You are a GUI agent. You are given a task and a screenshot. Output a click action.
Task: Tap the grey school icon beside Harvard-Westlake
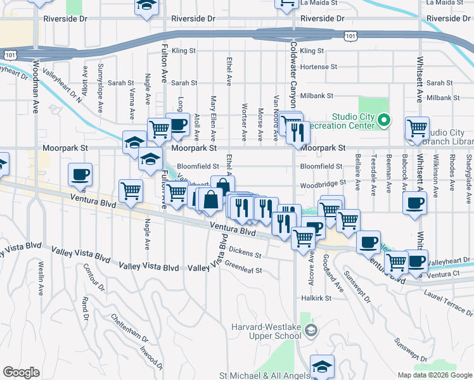[311, 330]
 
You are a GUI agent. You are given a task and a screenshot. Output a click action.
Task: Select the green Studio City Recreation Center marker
[384, 120]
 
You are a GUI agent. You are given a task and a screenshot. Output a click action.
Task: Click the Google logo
[21, 372]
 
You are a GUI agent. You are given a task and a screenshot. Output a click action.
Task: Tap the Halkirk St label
[317, 298]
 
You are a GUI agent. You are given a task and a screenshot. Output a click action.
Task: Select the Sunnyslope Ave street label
[100, 87]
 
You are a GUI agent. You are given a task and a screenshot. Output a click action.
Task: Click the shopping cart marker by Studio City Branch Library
[418, 129]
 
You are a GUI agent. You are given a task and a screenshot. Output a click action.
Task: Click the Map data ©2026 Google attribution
[434, 375]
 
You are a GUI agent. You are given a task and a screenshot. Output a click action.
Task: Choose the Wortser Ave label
[244, 120]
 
